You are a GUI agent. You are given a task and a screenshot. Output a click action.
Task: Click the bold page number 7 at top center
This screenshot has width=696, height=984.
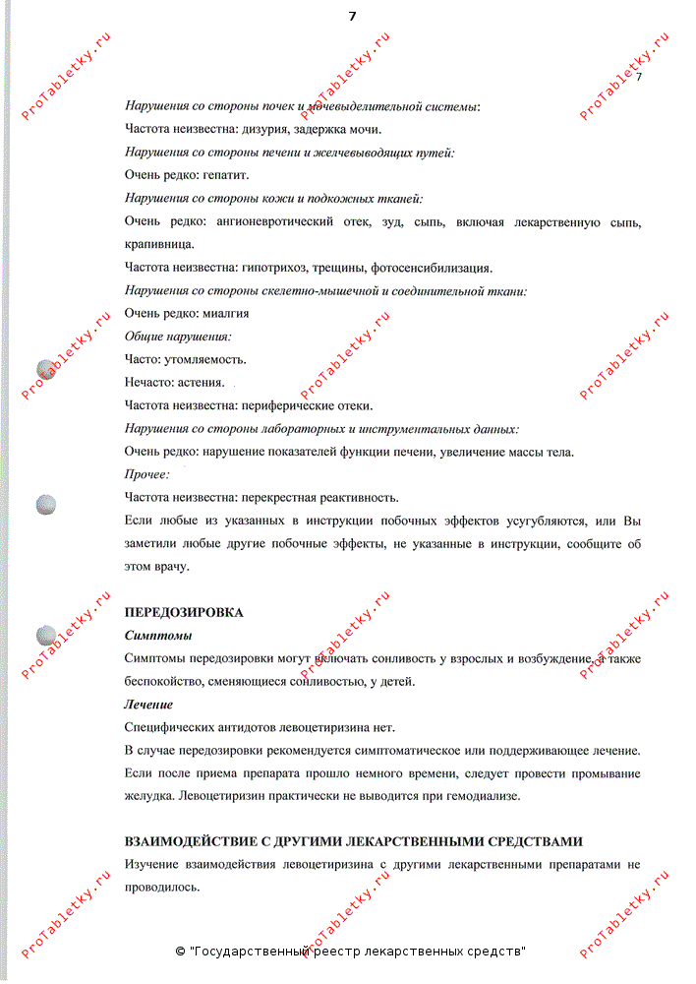click(352, 16)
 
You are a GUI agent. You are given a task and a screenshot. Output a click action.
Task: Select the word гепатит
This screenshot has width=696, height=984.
click(227, 175)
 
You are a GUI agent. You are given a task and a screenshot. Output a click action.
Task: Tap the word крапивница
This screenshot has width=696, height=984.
click(159, 244)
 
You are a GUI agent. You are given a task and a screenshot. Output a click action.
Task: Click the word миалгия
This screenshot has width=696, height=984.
click(226, 314)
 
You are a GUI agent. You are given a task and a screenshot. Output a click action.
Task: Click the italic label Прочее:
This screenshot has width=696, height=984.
click(147, 474)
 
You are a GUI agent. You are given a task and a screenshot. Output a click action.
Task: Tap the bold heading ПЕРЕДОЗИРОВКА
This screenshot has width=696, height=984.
click(184, 612)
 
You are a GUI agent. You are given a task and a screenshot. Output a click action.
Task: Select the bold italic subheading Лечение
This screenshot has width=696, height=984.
click(148, 705)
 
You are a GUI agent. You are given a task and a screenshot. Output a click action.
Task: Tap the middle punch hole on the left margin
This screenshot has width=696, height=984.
click(46, 505)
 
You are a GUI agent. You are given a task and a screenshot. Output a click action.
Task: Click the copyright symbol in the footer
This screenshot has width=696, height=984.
click(180, 953)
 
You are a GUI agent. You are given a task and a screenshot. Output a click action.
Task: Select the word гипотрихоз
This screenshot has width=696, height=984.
click(272, 268)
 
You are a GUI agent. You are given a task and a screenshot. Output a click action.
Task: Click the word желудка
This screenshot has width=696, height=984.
click(150, 796)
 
